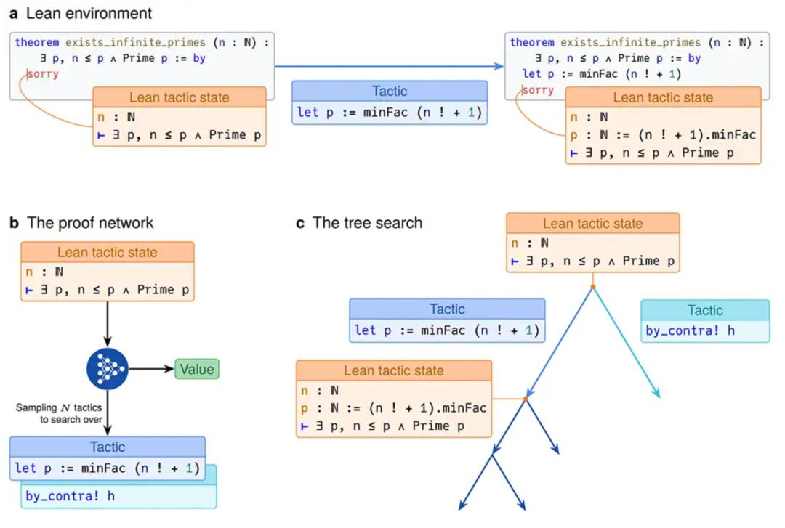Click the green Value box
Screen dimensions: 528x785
pyautogui.click(x=196, y=369)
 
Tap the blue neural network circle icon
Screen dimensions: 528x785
pyautogui.click(x=107, y=369)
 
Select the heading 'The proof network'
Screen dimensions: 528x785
pyautogui.click(x=90, y=223)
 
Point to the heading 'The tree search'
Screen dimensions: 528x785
pyautogui.click(x=367, y=223)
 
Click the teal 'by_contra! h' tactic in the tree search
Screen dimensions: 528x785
pyautogui.click(x=690, y=331)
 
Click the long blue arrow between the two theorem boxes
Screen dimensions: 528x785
pyautogui.click(x=389, y=66)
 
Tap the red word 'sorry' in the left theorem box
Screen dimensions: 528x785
pyautogui.click(x=43, y=73)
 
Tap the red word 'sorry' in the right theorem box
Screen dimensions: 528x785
pyautogui.click(x=538, y=90)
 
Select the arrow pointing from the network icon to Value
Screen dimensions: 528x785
pyautogui.click(x=149, y=369)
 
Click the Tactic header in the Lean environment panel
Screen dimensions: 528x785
pyautogui.click(x=389, y=92)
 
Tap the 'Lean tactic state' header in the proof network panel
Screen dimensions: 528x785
pyautogui.click(x=107, y=253)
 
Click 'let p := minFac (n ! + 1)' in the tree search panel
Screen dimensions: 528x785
pyautogui.click(x=446, y=331)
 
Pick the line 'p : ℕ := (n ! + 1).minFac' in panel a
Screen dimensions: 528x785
pyautogui.click(x=663, y=134)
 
